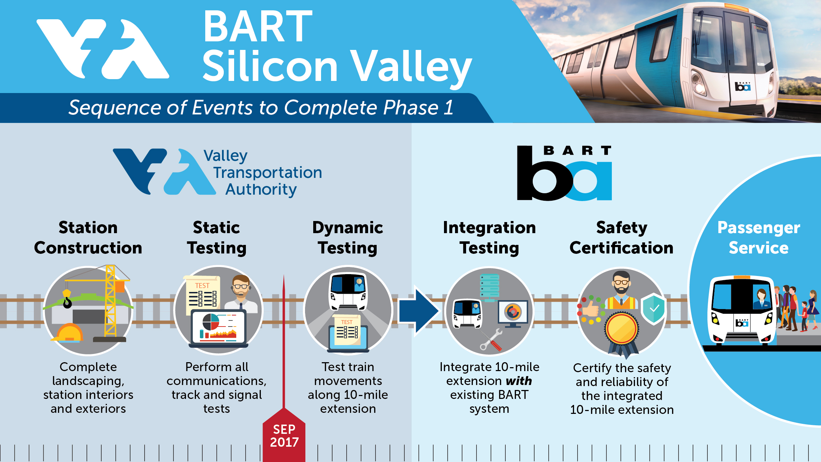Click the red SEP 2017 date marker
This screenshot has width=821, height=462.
284,436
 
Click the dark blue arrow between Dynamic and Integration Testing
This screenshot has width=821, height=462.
418,311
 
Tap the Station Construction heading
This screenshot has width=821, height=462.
88,238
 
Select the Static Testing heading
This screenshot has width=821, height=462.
217,238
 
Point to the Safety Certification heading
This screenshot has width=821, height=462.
621,238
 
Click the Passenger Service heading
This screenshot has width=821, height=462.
759,238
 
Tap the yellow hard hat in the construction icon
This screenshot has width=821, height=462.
69,333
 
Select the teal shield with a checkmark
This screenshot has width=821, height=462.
653,309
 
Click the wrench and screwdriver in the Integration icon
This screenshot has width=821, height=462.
491,340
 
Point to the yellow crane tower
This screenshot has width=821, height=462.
110,302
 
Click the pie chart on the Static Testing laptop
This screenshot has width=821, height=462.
211,322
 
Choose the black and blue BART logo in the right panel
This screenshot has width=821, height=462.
564,173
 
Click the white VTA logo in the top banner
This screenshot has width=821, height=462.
103,49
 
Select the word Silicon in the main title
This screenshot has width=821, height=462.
270,66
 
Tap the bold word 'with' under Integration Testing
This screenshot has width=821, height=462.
519,381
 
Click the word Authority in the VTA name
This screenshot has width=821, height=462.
261,189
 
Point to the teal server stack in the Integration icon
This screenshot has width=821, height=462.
490,287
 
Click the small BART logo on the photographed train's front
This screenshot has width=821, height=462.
743,86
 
